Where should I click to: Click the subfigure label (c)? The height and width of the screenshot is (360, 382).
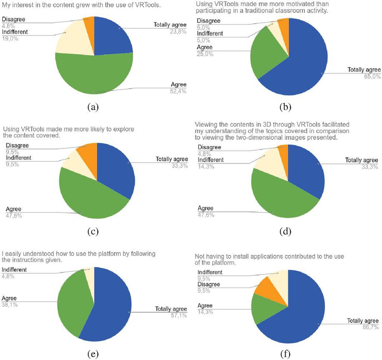pyautogui.click(x=93, y=231)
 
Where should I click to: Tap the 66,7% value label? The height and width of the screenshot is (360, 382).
pyautogui.click(x=370, y=327)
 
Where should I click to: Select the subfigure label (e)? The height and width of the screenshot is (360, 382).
pyautogui.click(x=93, y=354)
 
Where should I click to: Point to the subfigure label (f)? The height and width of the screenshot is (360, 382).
pyautogui.click(x=285, y=355)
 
